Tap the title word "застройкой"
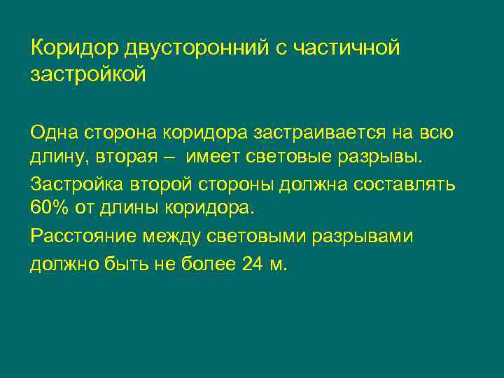(x=88, y=74)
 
